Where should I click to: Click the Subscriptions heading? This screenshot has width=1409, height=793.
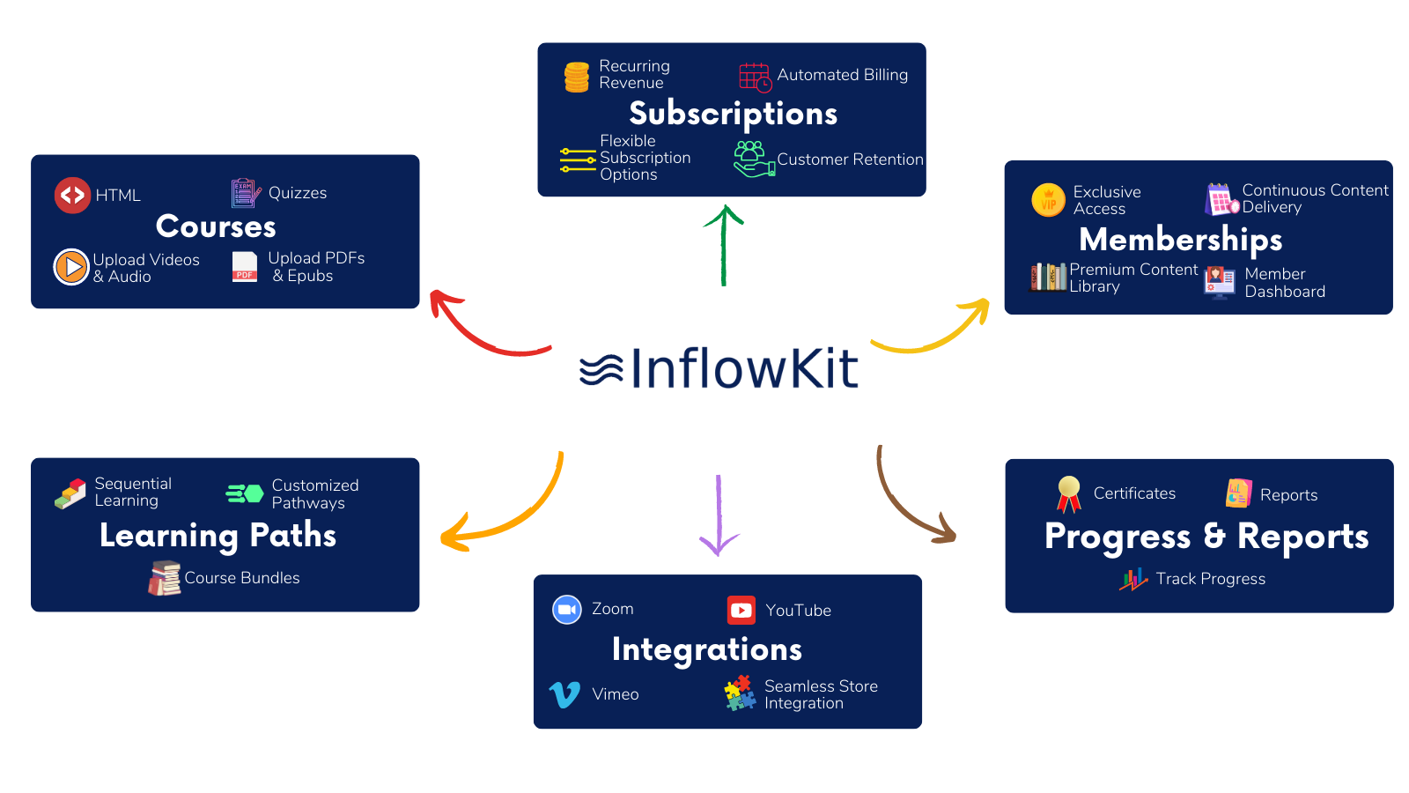click(733, 114)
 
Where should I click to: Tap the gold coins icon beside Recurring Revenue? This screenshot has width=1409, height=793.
click(577, 77)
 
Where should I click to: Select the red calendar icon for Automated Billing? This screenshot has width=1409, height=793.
click(755, 78)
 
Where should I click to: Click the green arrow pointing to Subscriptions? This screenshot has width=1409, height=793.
click(724, 246)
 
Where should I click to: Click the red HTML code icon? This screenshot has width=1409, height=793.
click(72, 196)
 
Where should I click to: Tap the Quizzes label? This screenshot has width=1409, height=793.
click(298, 193)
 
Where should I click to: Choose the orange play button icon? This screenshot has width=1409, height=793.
click(71, 267)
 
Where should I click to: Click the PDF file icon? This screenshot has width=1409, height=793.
click(245, 267)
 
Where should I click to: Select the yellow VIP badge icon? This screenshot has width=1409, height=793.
click(1048, 200)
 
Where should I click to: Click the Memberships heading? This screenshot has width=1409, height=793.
click(1180, 240)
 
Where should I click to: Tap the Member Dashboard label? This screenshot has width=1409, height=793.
click(1284, 283)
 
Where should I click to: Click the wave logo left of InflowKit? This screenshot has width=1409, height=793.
click(601, 369)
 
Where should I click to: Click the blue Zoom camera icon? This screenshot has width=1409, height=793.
click(567, 610)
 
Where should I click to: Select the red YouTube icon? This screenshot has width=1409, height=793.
click(741, 610)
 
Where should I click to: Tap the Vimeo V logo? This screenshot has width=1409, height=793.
click(564, 694)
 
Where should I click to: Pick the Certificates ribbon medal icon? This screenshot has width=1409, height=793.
click(1069, 493)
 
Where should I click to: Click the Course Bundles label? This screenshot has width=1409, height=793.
click(242, 578)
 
